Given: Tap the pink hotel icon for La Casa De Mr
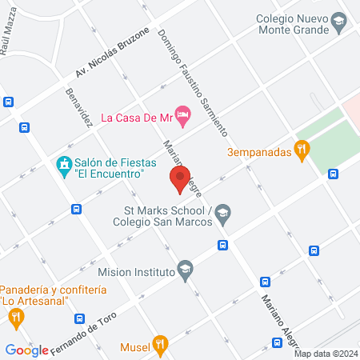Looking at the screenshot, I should pyautogui.click(x=183, y=117).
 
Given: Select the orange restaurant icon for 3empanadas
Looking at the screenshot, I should pyautogui.click(x=302, y=148).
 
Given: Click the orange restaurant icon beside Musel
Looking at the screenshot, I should pyautogui.click(x=161, y=346).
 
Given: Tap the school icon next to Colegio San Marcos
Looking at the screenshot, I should pyautogui.click(x=223, y=212).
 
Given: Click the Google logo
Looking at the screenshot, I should pyautogui.click(x=27, y=350).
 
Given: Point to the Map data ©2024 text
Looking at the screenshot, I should pyautogui.click(x=325, y=353).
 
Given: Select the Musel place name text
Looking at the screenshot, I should pyautogui.click(x=134, y=347).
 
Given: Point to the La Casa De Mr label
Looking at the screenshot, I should pyautogui.click(x=137, y=117).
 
